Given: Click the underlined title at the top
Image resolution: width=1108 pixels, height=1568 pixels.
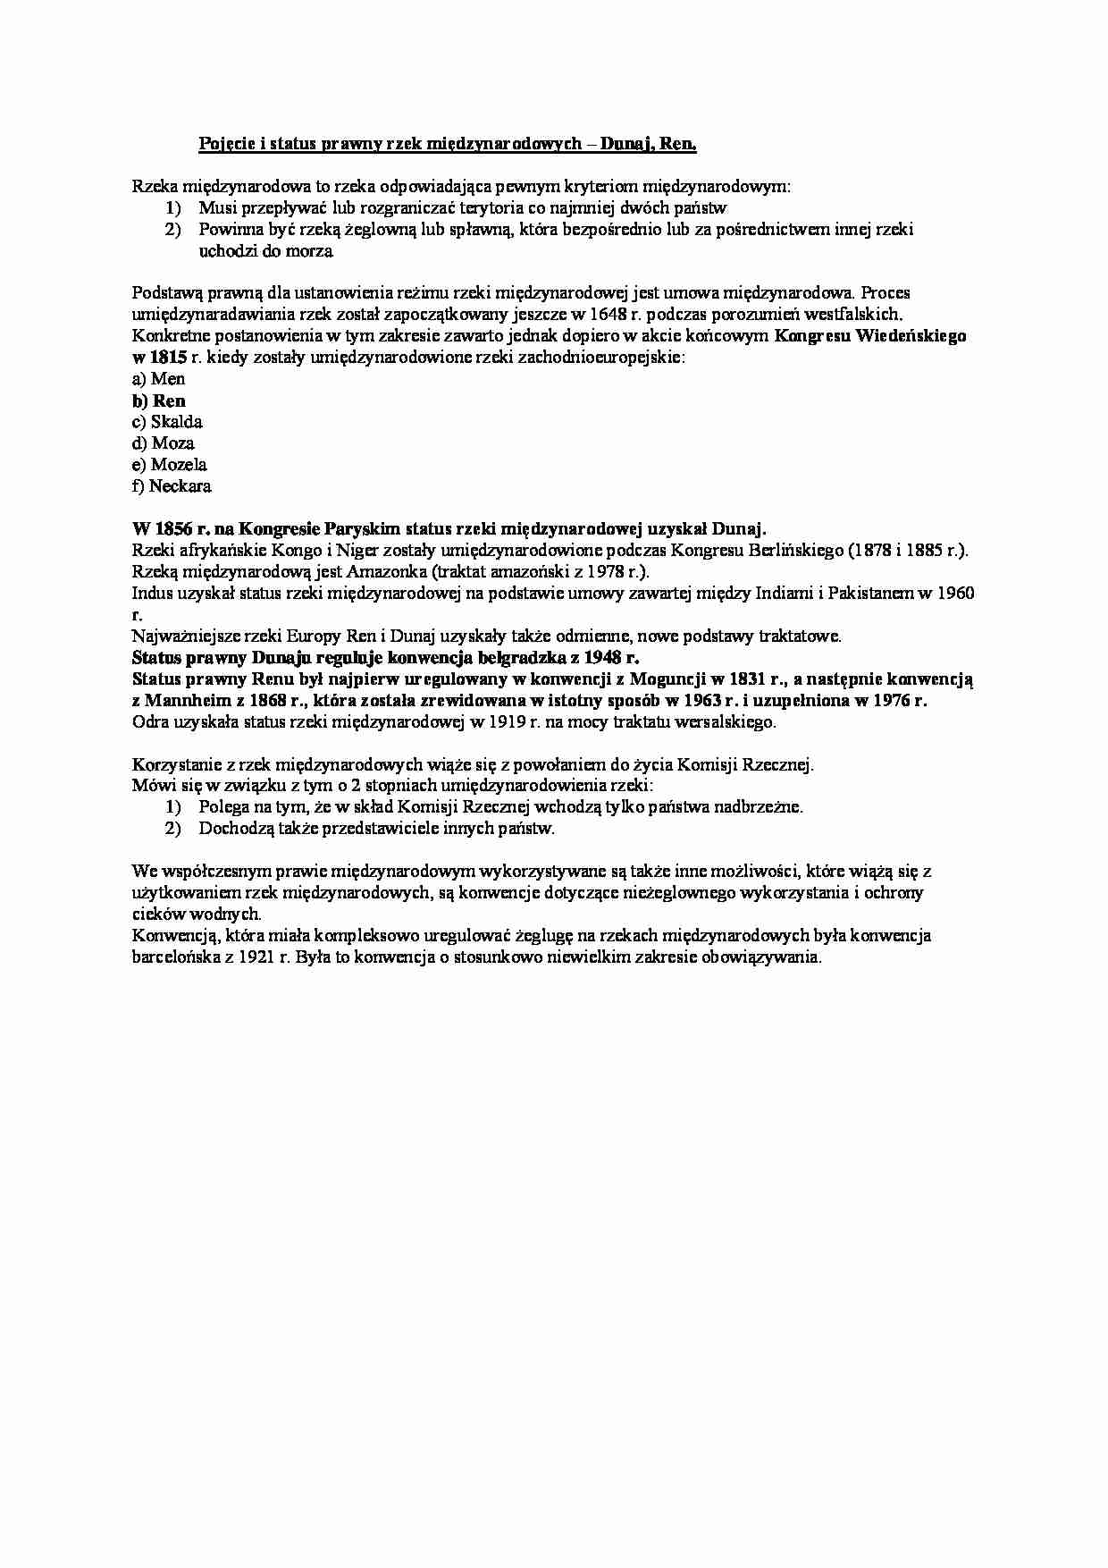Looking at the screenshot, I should click(447, 144).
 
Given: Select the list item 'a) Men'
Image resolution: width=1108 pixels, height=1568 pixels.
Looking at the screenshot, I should click(158, 379).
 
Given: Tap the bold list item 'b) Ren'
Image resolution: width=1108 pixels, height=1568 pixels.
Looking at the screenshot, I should click(159, 400).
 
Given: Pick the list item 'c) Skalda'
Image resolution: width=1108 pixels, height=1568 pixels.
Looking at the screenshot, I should click(167, 422).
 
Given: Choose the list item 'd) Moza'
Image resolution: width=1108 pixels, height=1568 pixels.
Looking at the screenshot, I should click(163, 443).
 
